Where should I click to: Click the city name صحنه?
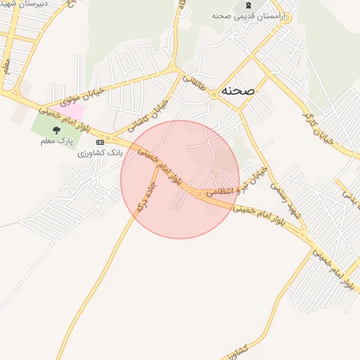(x=237, y=91)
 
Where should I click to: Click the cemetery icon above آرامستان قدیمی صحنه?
(x=248, y=5)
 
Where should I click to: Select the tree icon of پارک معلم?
(x=56, y=130)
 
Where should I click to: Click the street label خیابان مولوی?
(x=67, y=96)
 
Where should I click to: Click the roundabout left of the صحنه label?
(x=214, y=94)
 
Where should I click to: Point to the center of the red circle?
(x=180, y=179)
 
